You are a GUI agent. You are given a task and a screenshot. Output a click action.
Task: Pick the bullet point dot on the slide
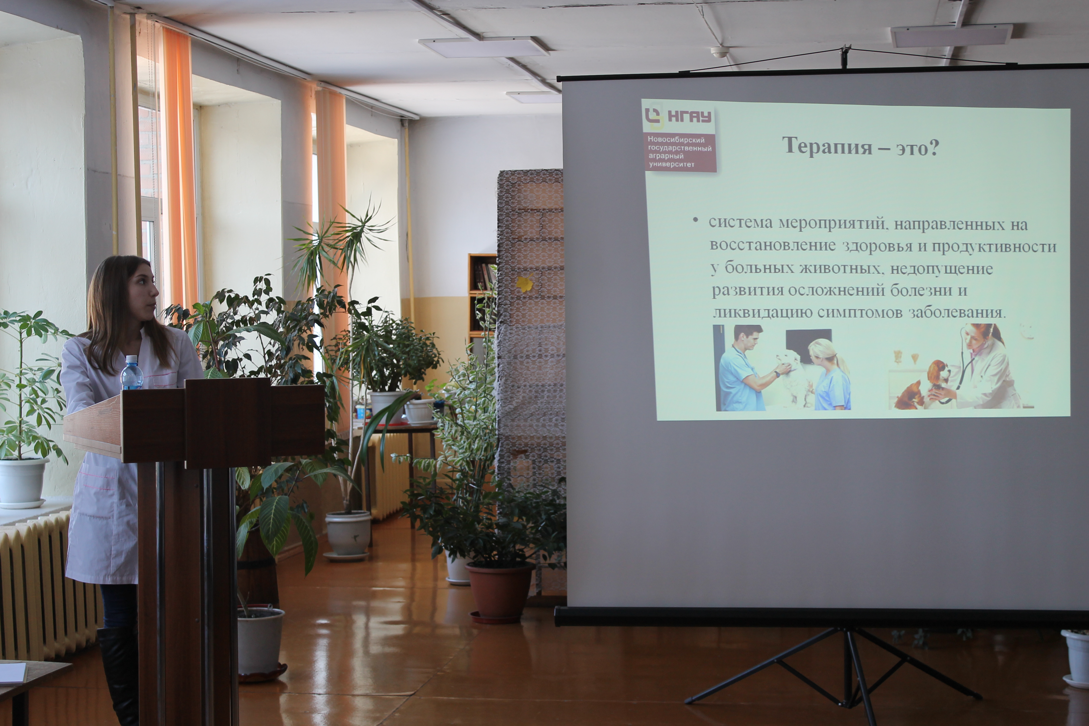[x=695, y=221]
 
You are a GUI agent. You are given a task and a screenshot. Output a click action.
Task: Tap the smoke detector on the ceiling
[x=720, y=52]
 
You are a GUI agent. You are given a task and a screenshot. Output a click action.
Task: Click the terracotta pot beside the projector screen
[x=500, y=592]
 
